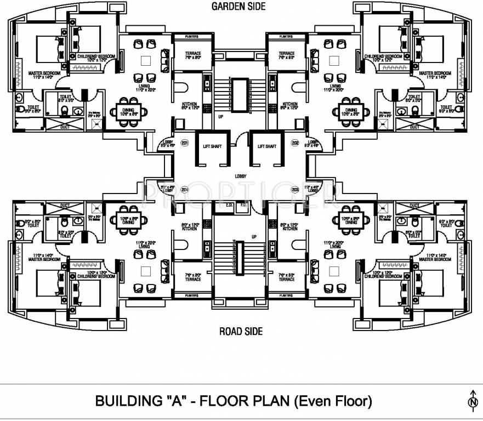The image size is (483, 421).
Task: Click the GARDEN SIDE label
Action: tap(238, 7)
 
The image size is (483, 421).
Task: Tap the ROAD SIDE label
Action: tap(241, 331)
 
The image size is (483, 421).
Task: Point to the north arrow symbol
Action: tap(472, 401)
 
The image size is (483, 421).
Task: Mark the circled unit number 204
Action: tap(185, 190)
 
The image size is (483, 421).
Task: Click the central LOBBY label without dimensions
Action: tap(240, 176)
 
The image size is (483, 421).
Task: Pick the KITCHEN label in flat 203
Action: tap(290, 228)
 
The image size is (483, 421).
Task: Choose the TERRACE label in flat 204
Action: tap(192, 279)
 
